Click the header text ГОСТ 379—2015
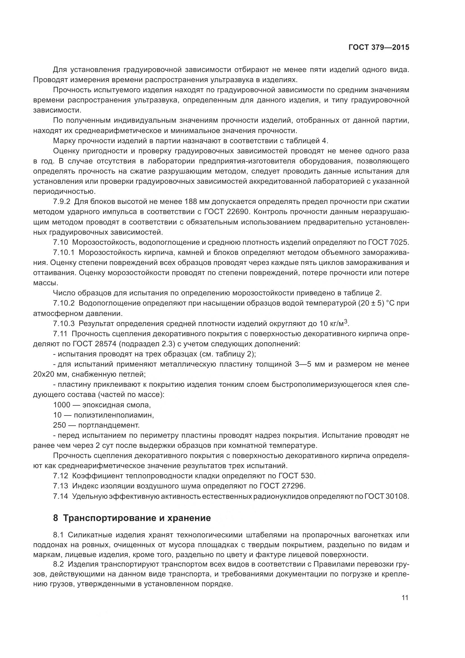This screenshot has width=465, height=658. (x=378, y=47)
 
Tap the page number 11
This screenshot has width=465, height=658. (x=405, y=598)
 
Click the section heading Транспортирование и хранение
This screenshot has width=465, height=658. (x=137, y=518)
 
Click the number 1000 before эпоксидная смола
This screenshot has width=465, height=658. (x=62, y=405)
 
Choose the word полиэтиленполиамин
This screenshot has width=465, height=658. (x=114, y=415)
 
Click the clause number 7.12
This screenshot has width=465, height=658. (x=60, y=476)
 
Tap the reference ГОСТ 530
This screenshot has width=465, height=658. (x=297, y=476)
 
